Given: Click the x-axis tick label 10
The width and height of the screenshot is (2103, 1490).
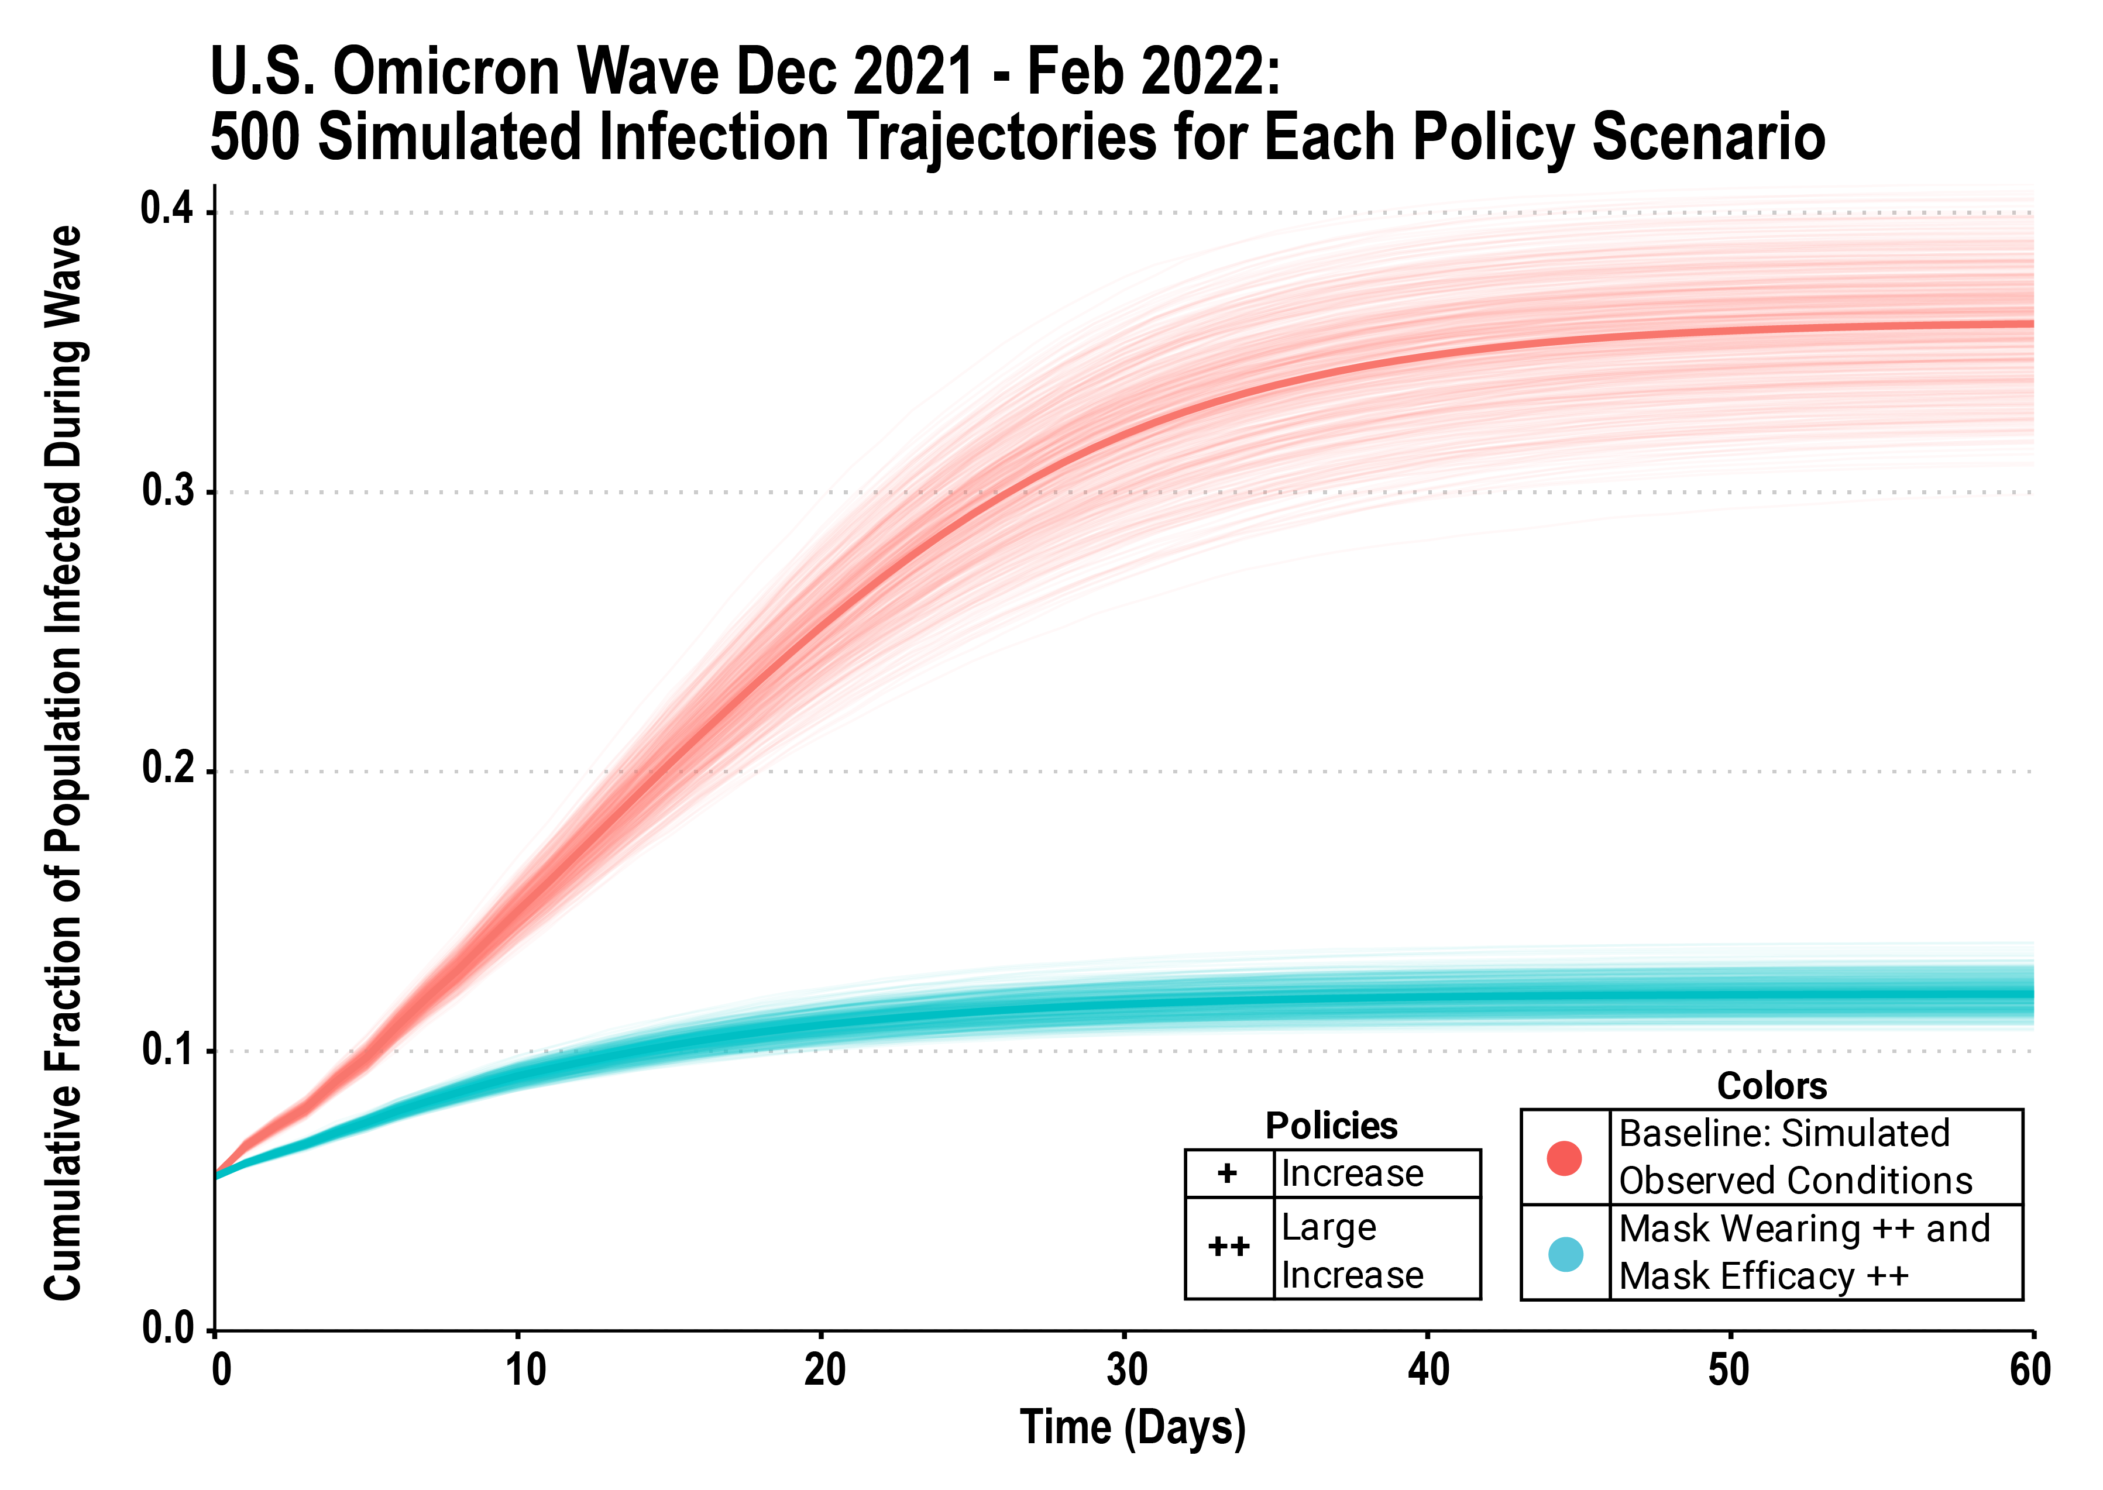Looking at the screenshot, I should tap(525, 1370).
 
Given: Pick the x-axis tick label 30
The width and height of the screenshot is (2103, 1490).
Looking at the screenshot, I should tap(1127, 1370).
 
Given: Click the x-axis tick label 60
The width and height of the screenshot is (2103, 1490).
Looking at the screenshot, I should tap(2030, 1370).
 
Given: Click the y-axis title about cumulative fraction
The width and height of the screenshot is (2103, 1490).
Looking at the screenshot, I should tap(64, 762).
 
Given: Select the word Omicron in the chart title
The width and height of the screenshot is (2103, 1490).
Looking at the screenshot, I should tap(449, 71).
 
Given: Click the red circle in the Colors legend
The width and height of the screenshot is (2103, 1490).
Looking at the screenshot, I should tap(1565, 1158).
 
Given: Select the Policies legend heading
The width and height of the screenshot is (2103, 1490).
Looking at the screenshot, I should tap(1331, 1126).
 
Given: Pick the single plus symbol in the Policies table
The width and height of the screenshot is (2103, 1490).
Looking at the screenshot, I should tap(1228, 1174).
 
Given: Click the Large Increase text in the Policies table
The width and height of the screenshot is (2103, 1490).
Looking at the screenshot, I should tap(1352, 1251).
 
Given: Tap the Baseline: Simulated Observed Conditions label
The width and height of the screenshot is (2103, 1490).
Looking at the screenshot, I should tap(1794, 1158).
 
